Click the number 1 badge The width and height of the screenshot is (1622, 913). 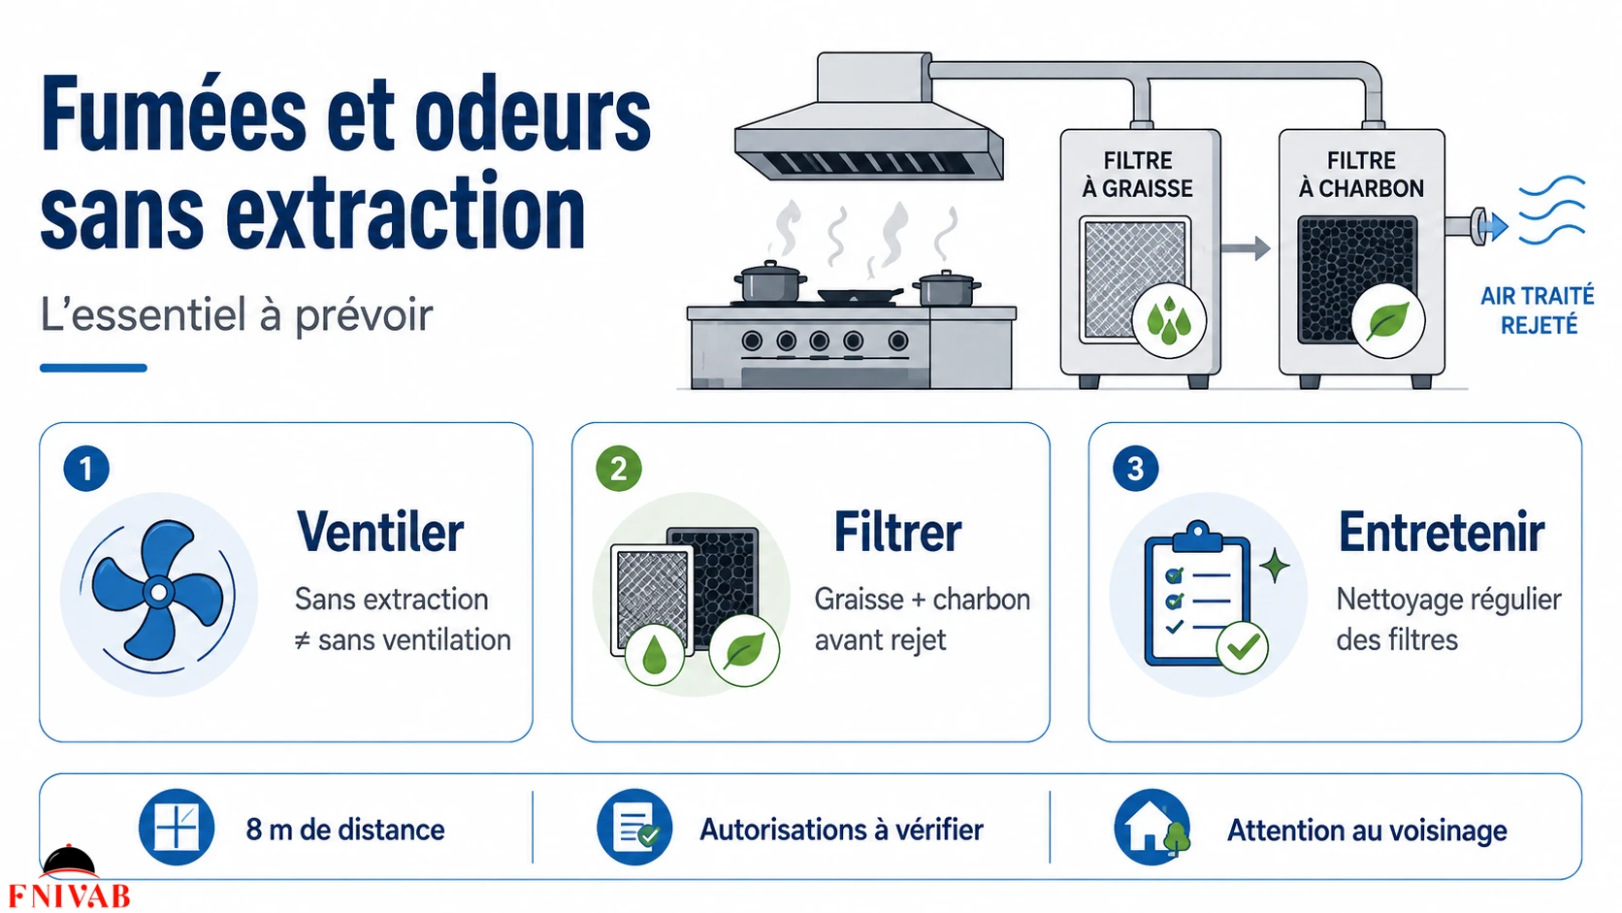(x=86, y=469)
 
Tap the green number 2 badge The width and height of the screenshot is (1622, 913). (x=618, y=469)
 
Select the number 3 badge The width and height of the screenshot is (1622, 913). (x=1135, y=469)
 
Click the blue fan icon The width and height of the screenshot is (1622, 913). (x=158, y=593)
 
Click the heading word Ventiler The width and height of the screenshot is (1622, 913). (x=380, y=532)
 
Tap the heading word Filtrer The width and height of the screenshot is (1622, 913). (x=898, y=532)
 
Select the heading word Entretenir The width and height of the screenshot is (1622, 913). (x=1441, y=532)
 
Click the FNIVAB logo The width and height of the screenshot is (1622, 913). (x=70, y=877)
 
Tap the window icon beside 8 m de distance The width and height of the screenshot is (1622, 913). (x=177, y=827)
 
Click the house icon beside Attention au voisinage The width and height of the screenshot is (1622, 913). (x=1152, y=827)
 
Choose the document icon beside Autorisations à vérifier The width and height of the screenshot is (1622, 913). (x=634, y=827)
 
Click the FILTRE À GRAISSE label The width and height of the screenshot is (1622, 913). (x=1138, y=175)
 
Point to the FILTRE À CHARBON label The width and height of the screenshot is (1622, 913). (x=1361, y=175)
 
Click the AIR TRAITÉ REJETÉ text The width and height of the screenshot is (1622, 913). (x=1538, y=310)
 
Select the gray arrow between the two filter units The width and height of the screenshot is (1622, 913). (x=1246, y=248)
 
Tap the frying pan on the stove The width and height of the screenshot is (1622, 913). (x=860, y=295)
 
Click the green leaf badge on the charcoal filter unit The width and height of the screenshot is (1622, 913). (x=1388, y=320)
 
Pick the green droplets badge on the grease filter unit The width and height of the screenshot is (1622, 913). (x=1169, y=320)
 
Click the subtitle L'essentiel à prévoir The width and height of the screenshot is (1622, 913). (x=236, y=315)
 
